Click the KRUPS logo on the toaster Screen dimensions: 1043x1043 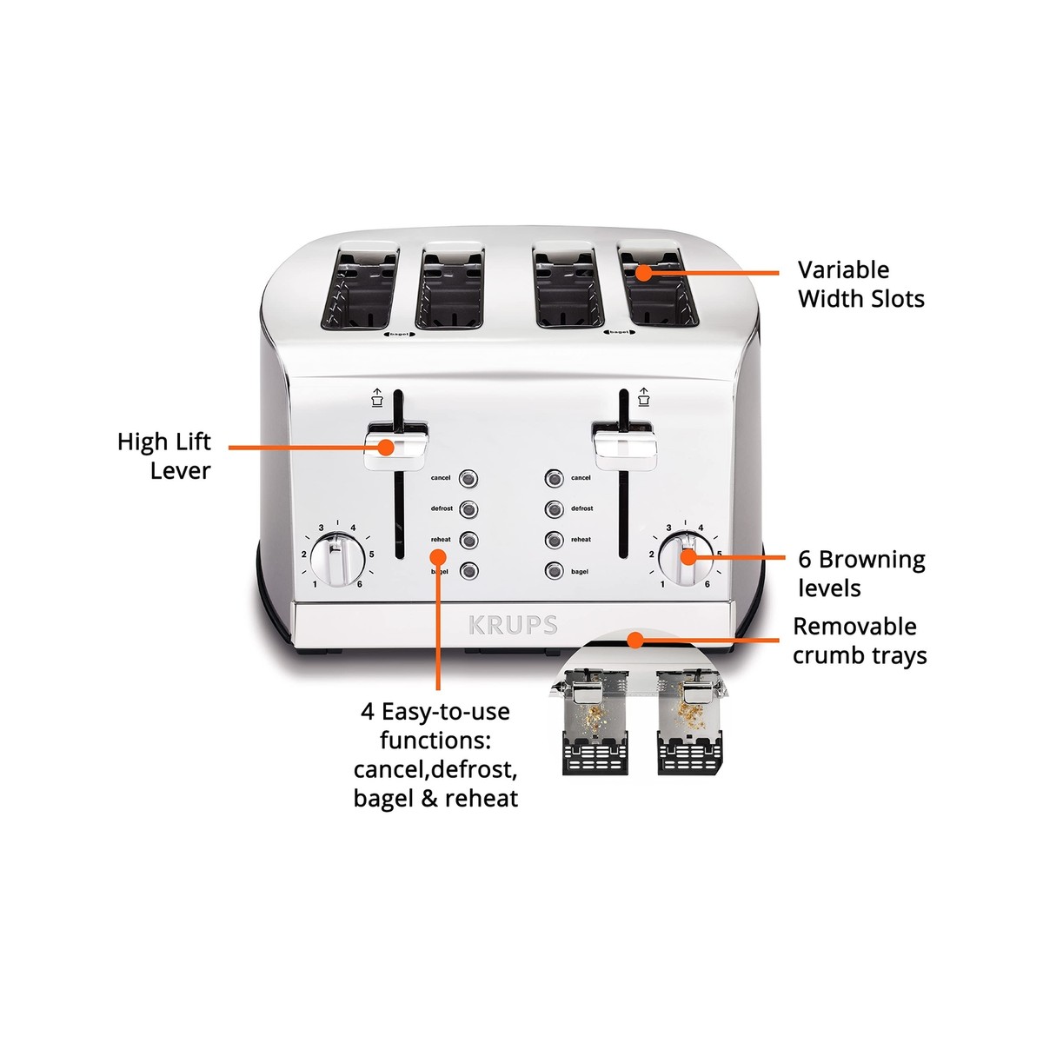click(x=513, y=625)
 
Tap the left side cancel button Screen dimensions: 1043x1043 click(x=469, y=478)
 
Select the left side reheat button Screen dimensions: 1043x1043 click(x=469, y=540)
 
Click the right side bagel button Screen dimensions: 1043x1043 click(x=554, y=571)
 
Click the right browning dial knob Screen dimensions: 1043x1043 click(x=685, y=557)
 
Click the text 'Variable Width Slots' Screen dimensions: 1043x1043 click(x=860, y=284)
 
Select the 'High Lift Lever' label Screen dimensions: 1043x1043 click(x=164, y=456)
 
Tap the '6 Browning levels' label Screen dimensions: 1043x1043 click(x=860, y=574)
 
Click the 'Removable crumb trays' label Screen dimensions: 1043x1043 click(x=859, y=641)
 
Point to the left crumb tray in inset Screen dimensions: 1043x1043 click(x=596, y=726)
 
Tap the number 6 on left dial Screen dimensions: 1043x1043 click(x=359, y=584)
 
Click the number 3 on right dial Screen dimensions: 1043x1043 click(x=668, y=528)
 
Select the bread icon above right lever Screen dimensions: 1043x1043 click(x=643, y=397)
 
